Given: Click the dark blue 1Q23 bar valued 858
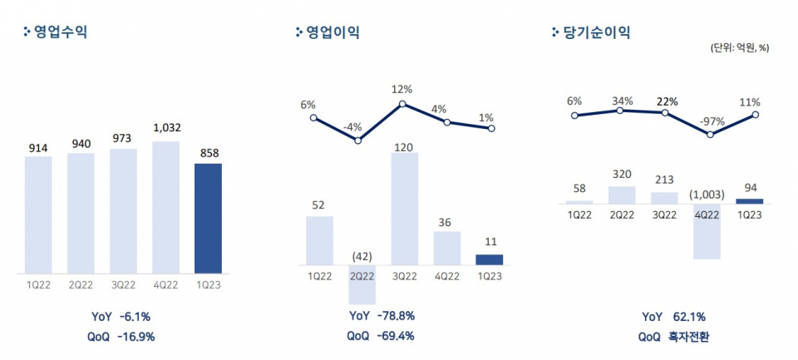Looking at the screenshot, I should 208,218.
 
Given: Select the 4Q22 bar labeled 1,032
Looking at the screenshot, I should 165,207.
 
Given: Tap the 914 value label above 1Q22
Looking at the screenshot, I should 38,148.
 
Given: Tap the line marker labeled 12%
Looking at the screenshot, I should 403,104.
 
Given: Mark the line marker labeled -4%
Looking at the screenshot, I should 358,141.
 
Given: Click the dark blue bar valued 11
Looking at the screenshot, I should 490,259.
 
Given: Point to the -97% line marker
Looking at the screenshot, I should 711,134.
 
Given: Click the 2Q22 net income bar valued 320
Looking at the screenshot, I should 621,195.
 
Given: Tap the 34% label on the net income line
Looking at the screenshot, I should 621,101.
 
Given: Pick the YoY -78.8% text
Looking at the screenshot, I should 382,316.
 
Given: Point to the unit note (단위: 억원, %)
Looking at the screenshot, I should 739,47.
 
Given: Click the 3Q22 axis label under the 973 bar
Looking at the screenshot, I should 123,284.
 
